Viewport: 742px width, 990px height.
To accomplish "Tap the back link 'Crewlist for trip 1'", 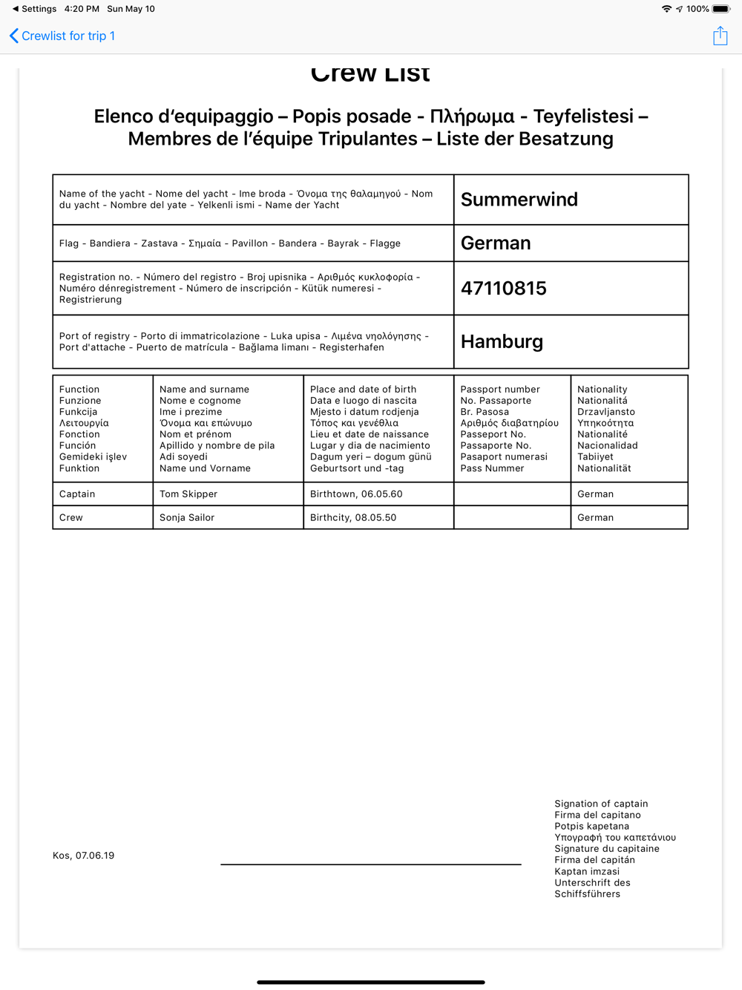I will click(x=63, y=36).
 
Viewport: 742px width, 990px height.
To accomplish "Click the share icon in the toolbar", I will click(x=720, y=36).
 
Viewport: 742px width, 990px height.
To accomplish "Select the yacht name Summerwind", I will click(x=519, y=200).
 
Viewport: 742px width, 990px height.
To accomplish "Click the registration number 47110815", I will click(x=503, y=289).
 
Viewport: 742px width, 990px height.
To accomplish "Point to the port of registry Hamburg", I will click(x=502, y=341).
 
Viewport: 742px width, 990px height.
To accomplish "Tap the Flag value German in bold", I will click(x=496, y=243).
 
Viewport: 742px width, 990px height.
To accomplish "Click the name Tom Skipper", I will click(x=188, y=494).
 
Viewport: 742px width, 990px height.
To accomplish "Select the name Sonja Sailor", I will click(x=187, y=518).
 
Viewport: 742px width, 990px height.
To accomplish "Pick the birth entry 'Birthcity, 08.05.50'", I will click(x=353, y=518).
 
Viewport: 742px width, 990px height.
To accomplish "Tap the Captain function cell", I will click(x=77, y=494).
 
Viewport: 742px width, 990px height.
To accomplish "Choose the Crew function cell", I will click(x=71, y=518).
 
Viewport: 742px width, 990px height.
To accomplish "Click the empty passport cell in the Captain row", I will click(x=512, y=494).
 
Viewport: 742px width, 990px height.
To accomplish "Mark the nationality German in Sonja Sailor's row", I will click(x=595, y=518).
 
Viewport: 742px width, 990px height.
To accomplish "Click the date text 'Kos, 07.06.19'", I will click(x=84, y=856).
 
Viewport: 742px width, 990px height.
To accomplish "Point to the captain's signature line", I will click(x=370, y=863).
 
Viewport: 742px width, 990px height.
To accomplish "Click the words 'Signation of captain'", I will click(x=601, y=804).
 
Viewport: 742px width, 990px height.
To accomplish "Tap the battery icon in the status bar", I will click(x=721, y=9).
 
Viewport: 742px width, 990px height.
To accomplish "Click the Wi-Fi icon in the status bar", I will click(x=666, y=9).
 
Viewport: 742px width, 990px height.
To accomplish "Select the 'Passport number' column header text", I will click(x=500, y=390).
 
